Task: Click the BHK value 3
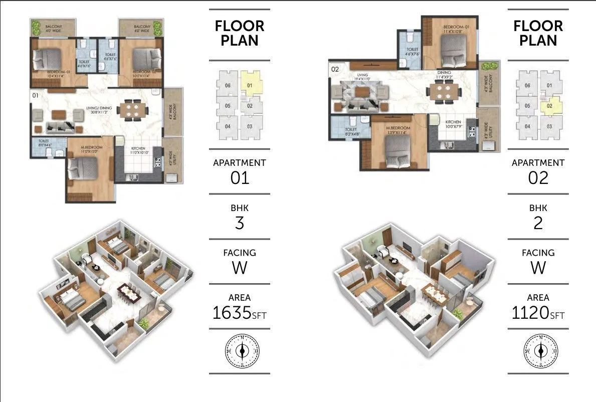click(x=239, y=223)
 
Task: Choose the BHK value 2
click(x=538, y=223)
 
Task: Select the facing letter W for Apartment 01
click(x=239, y=268)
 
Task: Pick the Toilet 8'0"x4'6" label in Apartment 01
click(x=44, y=143)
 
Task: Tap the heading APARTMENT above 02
click(x=538, y=163)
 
